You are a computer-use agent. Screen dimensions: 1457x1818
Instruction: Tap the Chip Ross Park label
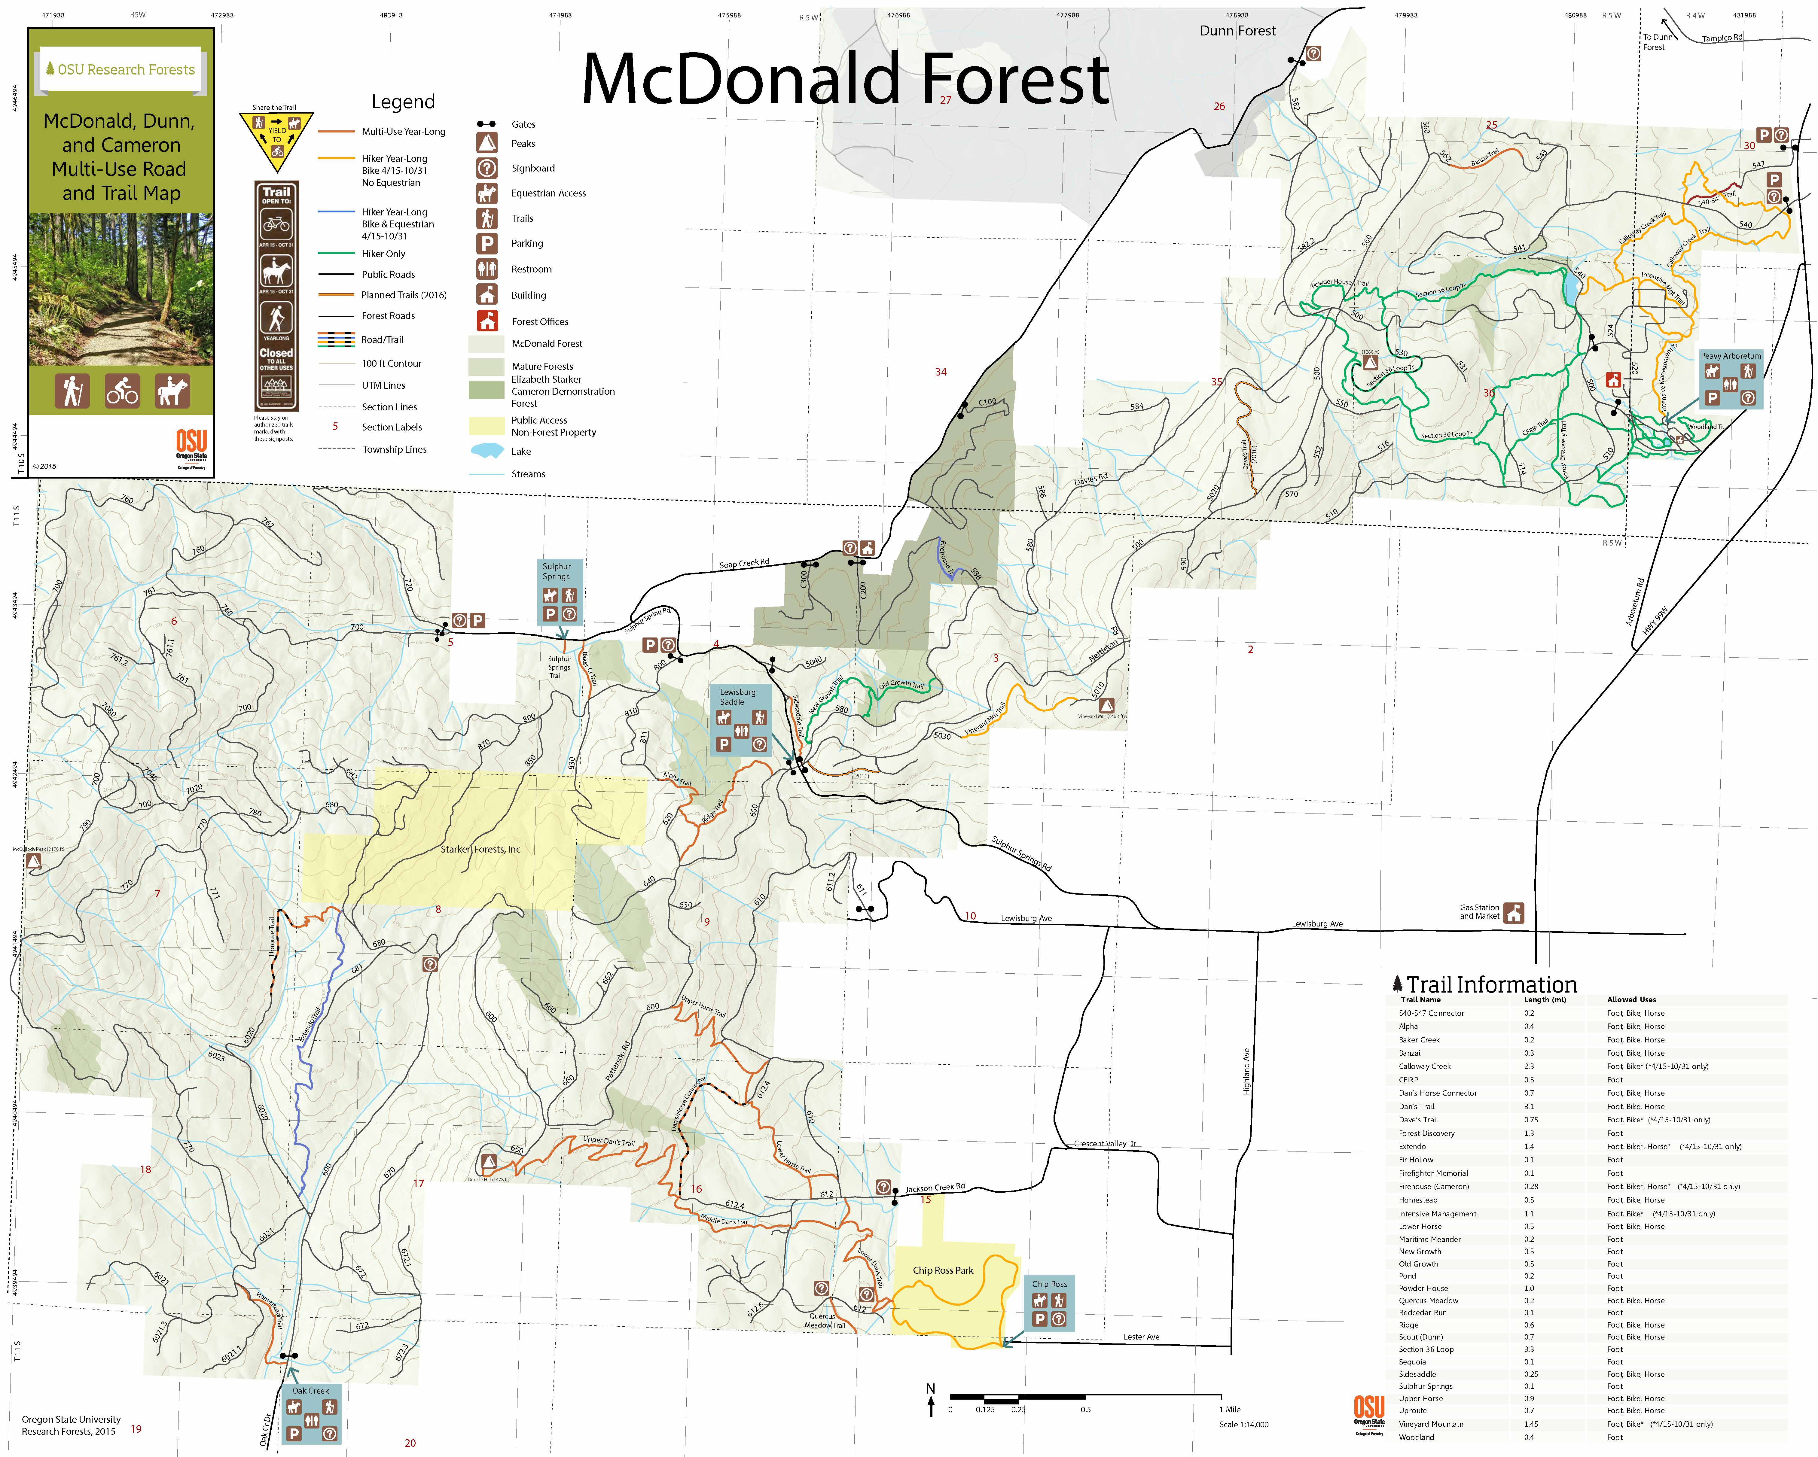point(943,1270)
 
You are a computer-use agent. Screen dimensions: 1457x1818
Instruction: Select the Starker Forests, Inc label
point(480,849)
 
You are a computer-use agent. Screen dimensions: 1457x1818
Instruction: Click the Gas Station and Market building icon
point(1514,912)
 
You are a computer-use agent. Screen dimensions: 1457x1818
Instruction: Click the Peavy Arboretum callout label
point(1730,356)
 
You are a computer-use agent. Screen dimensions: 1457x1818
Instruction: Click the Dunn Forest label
point(1237,31)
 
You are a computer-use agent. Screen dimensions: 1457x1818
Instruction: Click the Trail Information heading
point(1491,985)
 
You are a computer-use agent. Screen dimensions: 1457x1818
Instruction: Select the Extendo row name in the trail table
point(1412,1147)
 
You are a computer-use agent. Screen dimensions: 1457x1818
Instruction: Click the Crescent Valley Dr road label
point(1105,1144)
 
